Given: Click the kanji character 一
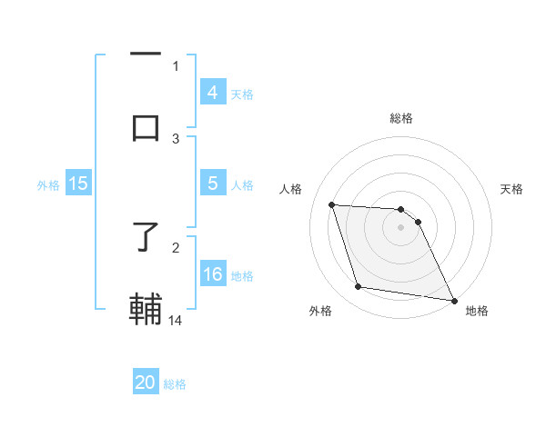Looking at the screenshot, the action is pyautogui.click(x=146, y=55).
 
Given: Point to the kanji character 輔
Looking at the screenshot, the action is pyautogui.click(x=146, y=310).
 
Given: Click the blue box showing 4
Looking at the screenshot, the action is pyautogui.click(x=212, y=92).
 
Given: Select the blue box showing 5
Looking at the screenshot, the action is pyautogui.click(x=212, y=184).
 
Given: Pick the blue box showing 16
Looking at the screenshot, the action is pyautogui.click(x=212, y=273).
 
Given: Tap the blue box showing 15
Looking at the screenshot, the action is pyautogui.click(x=78, y=184).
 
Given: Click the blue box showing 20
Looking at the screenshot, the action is pyautogui.click(x=146, y=382).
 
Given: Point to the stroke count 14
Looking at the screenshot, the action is pyautogui.click(x=177, y=320).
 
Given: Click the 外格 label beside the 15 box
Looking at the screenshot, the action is pyautogui.click(x=48, y=184).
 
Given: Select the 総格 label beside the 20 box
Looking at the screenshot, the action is pyautogui.click(x=175, y=384).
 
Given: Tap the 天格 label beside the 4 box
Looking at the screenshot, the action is pyautogui.click(x=242, y=94).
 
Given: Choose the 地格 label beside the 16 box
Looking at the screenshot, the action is pyautogui.click(x=242, y=275).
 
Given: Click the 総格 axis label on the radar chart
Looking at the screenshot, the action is pyautogui.click(x=401, y=118).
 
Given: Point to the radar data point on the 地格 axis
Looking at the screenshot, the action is pyautogui.click(x=454, y=300).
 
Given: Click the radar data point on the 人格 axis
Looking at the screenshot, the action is pyautogui.click(x=332, y=205).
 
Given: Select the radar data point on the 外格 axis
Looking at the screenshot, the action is pyautogui.click(x=359, y=287).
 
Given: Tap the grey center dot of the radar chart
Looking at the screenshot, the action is pyautogui.click(x=401, y=228).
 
